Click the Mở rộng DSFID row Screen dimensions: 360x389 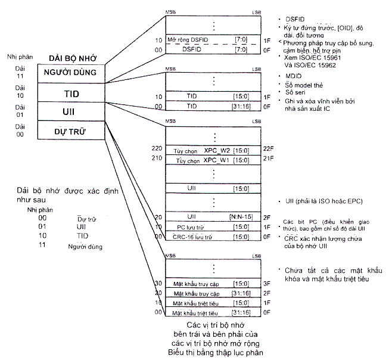tap(212, 39)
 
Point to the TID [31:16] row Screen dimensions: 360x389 tap(212, 106)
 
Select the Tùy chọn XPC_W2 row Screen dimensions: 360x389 tap(212, 151)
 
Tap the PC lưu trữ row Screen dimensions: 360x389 tap(212, 227)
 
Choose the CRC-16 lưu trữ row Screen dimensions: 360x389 tap(212, 237)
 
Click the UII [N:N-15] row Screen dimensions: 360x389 tap(212, 218)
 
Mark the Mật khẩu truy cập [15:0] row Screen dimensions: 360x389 tap(212, 283)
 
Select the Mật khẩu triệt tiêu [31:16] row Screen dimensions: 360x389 tap(212, 312)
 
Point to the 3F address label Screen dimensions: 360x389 tap(266, 283)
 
